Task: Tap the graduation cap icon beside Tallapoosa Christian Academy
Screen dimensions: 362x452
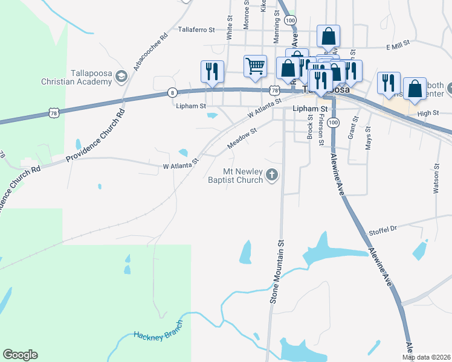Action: [121, 76]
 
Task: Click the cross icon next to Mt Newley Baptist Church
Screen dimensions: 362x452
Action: [272, 176]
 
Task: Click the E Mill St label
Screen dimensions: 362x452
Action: [398, 43]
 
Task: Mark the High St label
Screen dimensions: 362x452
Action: [428, 113]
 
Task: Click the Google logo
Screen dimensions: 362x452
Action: [20, 355]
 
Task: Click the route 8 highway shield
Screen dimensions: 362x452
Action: [173, 92]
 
